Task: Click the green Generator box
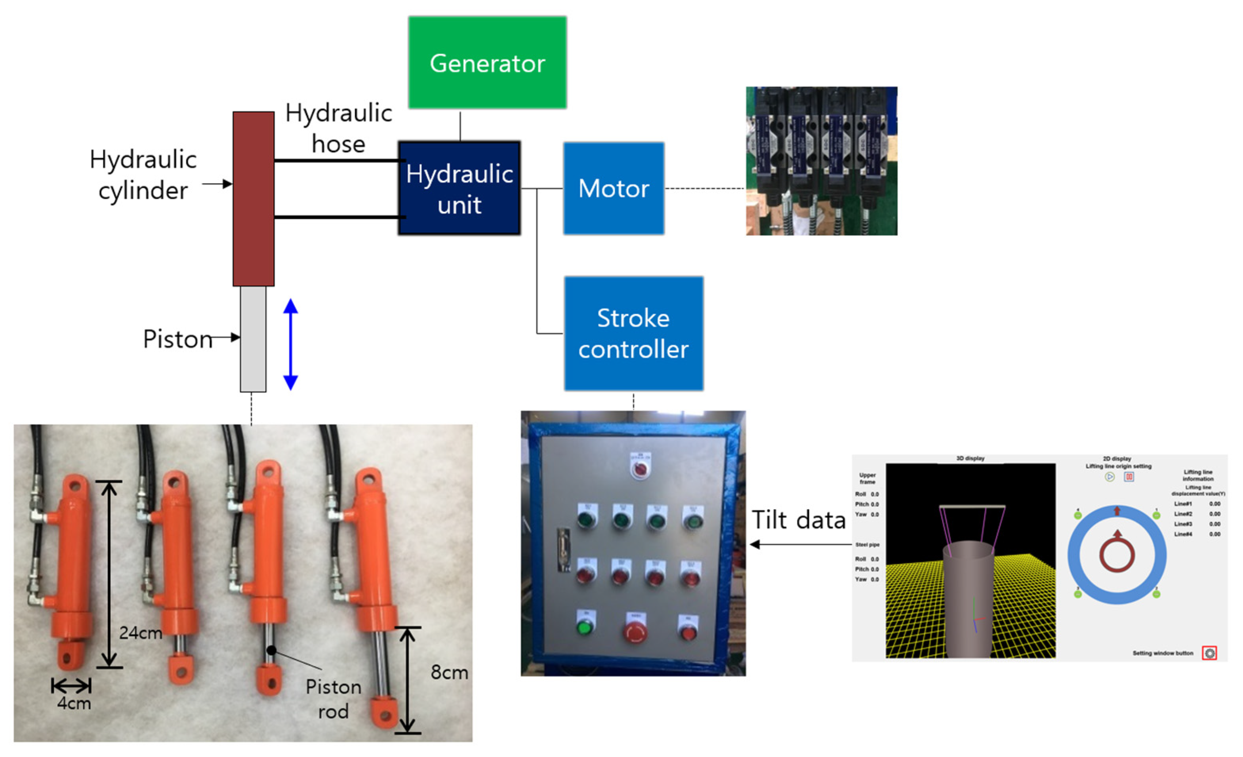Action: click(x=487, y=63)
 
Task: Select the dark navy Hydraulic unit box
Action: click(x=459, y=188)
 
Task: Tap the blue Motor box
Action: click(x=614, y=188)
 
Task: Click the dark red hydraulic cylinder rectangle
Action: click(x=253, y=199)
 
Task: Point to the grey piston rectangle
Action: click(x=253, y=339)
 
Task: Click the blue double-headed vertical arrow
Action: click(x=291, y=344)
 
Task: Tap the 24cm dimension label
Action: click(x=140, y=632)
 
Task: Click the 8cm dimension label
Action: click(x=449, y=672)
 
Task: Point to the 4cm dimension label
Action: click(x=74, y=703)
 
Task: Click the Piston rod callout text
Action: click(x=333, y=698)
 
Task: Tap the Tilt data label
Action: click(x=798, y=520)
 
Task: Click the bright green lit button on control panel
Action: click(x=584, y=628)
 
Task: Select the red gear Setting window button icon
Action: click(x=1209, y=653)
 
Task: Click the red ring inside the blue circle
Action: click(x=1117, y=555)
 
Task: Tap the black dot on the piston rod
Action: click(x=271, y=650)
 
